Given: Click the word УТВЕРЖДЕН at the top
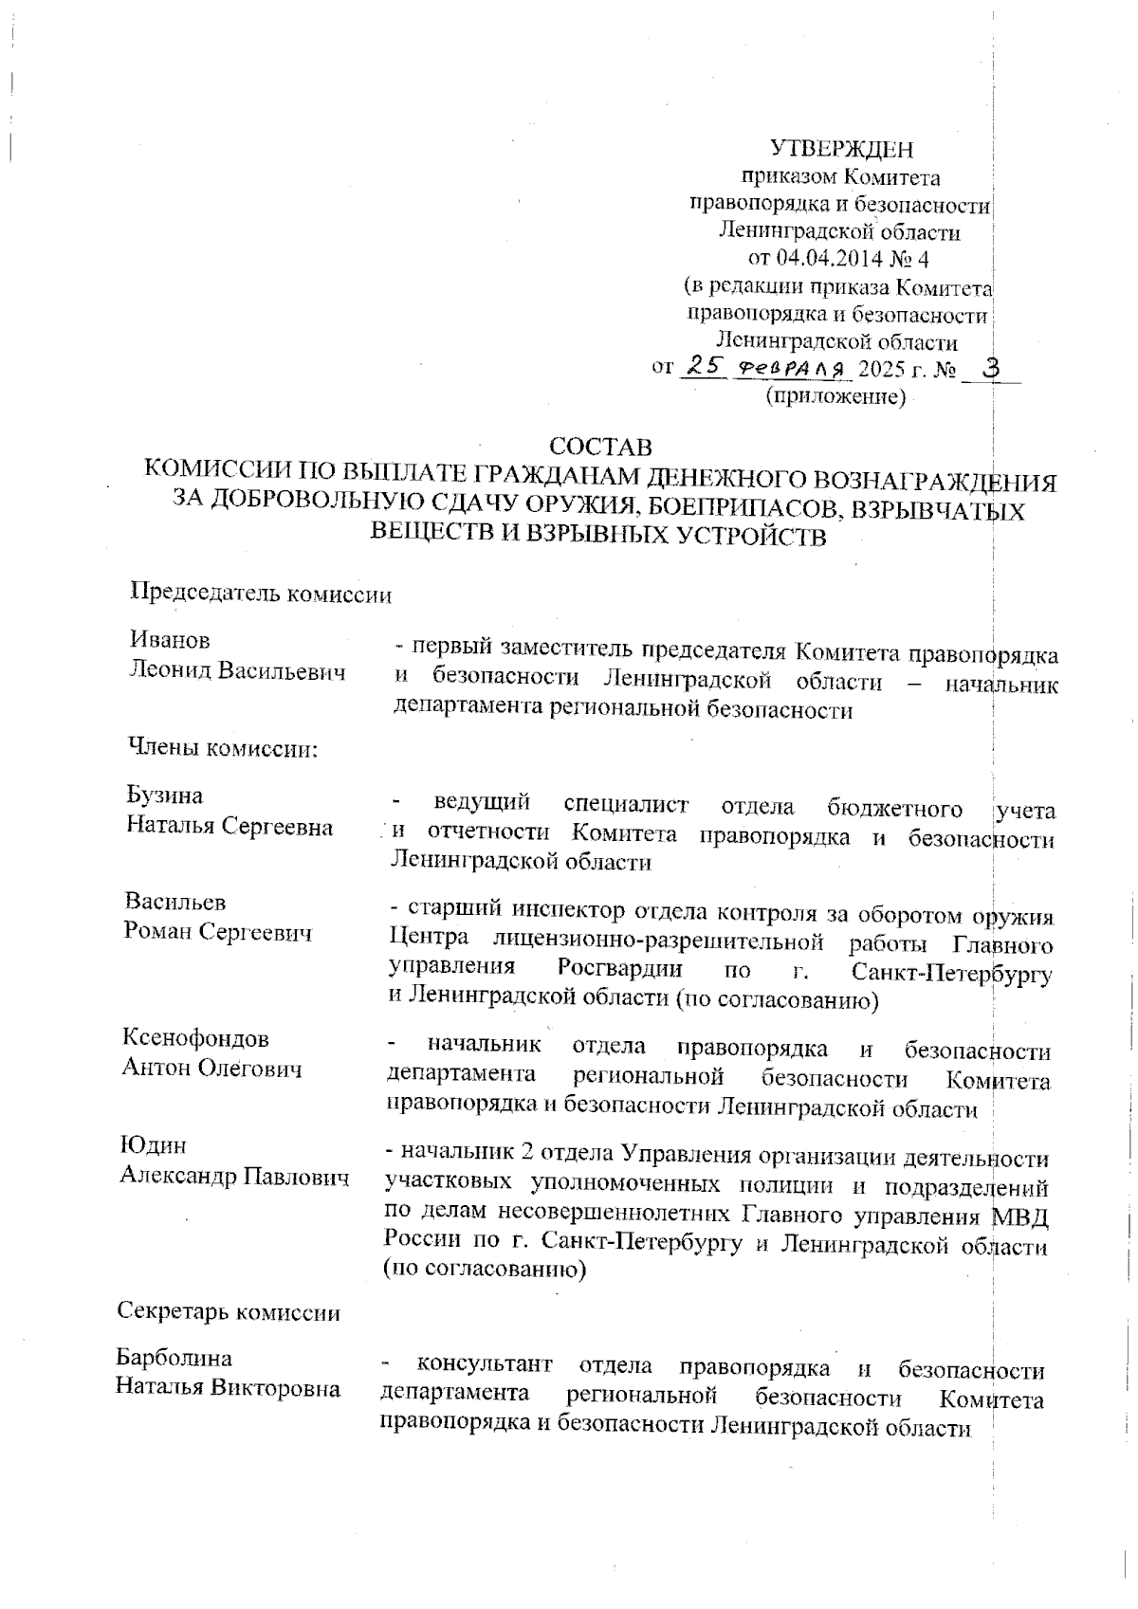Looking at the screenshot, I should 841,149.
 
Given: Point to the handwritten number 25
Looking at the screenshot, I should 703,365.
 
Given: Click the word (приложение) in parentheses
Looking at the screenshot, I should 835,395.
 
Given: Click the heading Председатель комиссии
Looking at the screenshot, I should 260,594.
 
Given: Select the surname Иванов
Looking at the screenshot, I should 170,641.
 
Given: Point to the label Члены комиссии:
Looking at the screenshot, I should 222,749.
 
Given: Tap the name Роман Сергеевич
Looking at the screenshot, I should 218,933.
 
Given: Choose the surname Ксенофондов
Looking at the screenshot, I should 195,1038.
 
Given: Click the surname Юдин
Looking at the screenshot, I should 153,1146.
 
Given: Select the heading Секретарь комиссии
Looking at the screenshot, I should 229,1312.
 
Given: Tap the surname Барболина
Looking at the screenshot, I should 174,1358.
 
